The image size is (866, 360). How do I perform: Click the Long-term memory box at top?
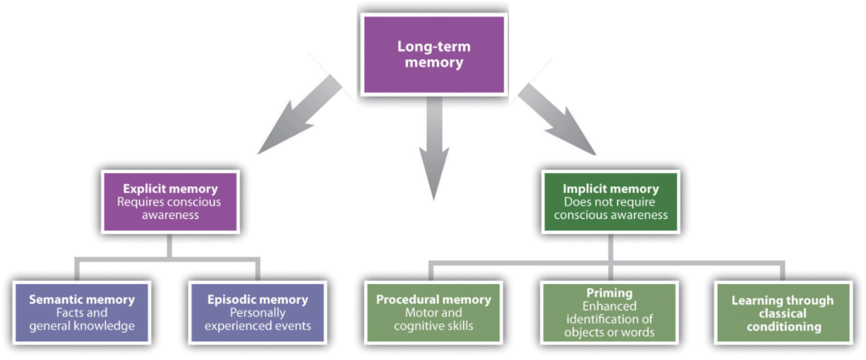[x=434, y=55]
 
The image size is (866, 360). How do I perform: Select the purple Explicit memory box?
[x=170, y=201]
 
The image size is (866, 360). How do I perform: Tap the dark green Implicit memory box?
[x=611, y=201]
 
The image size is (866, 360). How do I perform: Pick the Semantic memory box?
[x=81, y=312]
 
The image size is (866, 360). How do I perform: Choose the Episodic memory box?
[x=257, y=312]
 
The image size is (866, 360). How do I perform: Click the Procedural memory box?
[x=432, y=312]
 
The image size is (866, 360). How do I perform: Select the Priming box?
[x=609, y=312]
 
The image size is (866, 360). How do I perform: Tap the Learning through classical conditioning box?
[x=783, y=312]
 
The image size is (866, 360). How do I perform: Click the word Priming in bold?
[x=609, y=293]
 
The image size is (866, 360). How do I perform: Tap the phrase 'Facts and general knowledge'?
[x=81, y=319]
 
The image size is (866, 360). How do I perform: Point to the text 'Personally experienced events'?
[x=257, y=319]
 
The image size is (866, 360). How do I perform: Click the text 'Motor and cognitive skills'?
[x=432, y=319]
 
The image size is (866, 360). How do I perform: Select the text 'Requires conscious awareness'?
[x=170, y=208]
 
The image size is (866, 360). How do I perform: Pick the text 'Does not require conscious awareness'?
[x=611, y=208]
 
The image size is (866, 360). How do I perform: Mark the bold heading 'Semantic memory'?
[x=81, y=300]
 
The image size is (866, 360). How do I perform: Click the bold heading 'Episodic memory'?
[x=257, y=300]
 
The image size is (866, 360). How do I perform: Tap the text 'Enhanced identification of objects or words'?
[x=609, y=319]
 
